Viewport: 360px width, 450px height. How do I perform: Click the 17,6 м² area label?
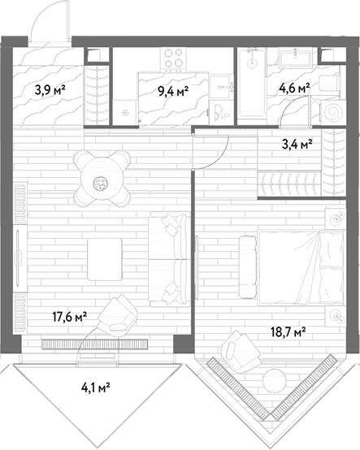(x=70, y=317)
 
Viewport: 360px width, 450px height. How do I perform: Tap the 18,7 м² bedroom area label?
(x=288, y=332)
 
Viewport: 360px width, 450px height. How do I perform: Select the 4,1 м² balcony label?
(x=96, y=388)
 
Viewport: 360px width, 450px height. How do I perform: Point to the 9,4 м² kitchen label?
(x=173, y=92)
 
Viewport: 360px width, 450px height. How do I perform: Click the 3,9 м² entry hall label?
(x=50, y=90)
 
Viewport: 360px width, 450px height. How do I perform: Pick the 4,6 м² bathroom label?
(x=294, y=89)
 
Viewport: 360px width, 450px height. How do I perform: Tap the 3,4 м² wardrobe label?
(x=297, y=145)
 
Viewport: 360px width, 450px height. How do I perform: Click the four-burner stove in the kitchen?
(x=173, y=58)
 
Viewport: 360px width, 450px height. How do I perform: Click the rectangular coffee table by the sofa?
(x=105, y=259)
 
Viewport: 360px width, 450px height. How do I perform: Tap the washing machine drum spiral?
(x=332, y=113)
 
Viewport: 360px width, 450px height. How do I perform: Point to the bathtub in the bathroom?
(x=253, y=83)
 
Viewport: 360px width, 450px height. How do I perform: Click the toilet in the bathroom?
(x=330, y=84)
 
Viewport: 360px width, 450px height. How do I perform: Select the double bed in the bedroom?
(x=301, y=267)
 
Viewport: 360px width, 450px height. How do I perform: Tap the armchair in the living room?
(x=118, y=314)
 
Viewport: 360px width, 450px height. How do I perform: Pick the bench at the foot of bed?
(x=248, y=267)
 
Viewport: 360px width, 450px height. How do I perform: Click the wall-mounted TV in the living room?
(x=19, y=257)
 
